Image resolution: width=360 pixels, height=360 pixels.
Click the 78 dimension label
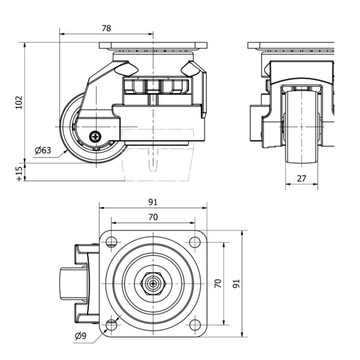[106, 28]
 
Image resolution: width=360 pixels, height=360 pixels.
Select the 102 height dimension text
[18, 103]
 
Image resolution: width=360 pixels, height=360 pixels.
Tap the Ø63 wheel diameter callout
[42, 150]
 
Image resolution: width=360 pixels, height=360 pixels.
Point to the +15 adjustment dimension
[18, 173]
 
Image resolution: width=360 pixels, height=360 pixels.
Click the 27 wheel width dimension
[301, 178]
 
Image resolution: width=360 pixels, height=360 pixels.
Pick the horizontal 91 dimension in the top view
[154, 202]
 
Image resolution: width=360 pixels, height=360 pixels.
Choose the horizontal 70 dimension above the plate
[154, 217]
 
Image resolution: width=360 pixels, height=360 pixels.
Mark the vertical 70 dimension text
[218, 283]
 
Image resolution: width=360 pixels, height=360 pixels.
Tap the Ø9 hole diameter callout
[80, 336]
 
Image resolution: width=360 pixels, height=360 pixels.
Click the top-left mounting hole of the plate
[110, 242]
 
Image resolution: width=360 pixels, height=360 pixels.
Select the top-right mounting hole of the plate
[194, 242]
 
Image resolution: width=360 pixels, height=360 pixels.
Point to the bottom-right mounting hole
[194, 325]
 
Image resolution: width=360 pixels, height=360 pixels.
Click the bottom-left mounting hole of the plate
[110, 325]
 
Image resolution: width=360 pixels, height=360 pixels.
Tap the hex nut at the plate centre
[152, 284]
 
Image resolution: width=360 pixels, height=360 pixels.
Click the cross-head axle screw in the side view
[96, 137]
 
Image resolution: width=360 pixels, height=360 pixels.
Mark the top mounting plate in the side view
[154, 46]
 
